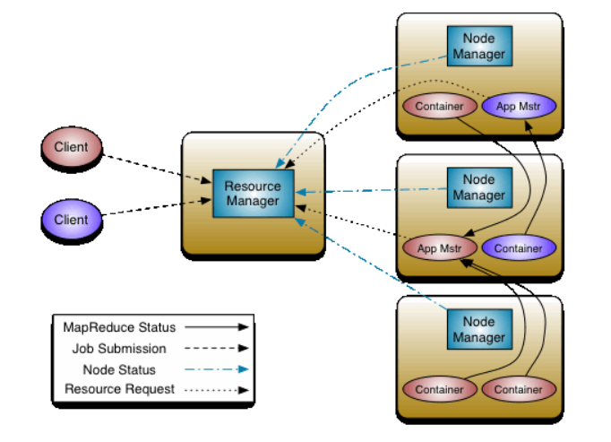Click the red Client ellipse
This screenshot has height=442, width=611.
(72, 147)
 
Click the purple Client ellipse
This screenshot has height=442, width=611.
(72, 219)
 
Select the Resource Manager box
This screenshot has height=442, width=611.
(253, 194)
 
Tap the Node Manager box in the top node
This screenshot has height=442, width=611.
(478, 47)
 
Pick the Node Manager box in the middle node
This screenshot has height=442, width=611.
(478, 186)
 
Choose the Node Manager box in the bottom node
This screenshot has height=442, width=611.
(478, 329)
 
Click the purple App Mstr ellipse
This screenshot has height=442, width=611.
(519, 107)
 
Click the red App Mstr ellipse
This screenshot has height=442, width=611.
(439, 247)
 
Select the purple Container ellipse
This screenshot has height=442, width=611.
(519, 247)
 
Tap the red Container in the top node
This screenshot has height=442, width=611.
(439, 107)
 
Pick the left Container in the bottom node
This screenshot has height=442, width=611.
(439, 389)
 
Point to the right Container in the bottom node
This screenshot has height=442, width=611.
(519, 389)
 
